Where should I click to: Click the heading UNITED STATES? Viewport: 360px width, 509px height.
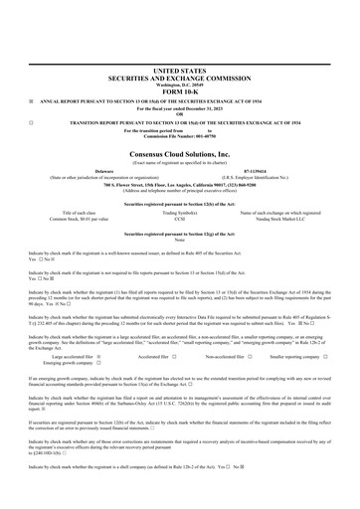(x=179, y=73)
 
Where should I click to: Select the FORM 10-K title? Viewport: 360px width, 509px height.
(x=179, y=89)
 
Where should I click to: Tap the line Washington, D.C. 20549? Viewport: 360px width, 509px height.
(x=179, y=84)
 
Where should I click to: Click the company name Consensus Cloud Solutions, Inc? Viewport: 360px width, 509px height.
(x=179, y=155)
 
